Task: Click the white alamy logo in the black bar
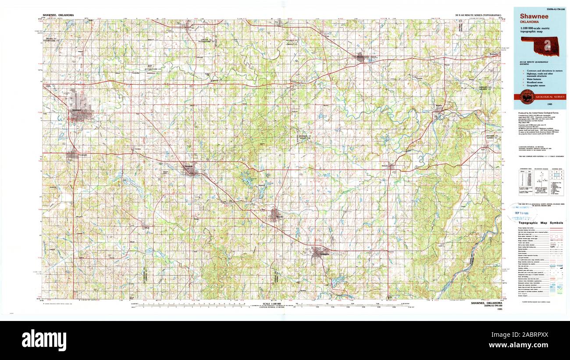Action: point(44,340)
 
